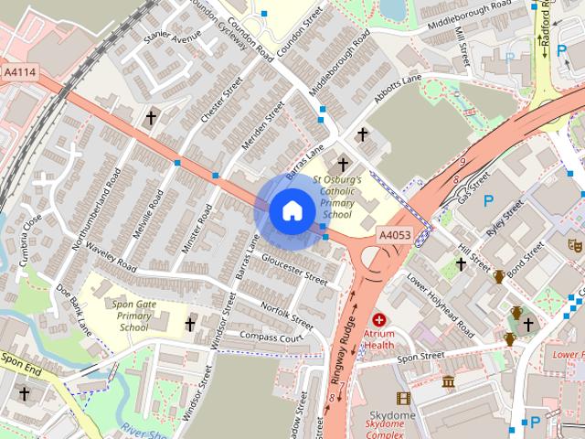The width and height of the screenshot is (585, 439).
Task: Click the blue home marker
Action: pos(292,211)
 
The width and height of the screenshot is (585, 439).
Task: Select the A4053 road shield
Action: pos(396,236)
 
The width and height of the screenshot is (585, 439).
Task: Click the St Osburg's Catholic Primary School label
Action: pos(337,198)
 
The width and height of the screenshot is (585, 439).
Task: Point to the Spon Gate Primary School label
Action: pos(133,315)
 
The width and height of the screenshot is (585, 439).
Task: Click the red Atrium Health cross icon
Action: pos(379,320)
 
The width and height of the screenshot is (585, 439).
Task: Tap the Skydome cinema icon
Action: pos(403,398)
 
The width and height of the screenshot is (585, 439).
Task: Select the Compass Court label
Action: pos(271,337)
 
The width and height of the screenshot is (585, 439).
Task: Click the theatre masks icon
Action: pos(575,245)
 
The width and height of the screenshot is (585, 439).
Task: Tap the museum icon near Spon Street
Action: pos(448,380)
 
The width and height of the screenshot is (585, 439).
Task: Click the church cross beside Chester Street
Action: pos(151,118)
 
